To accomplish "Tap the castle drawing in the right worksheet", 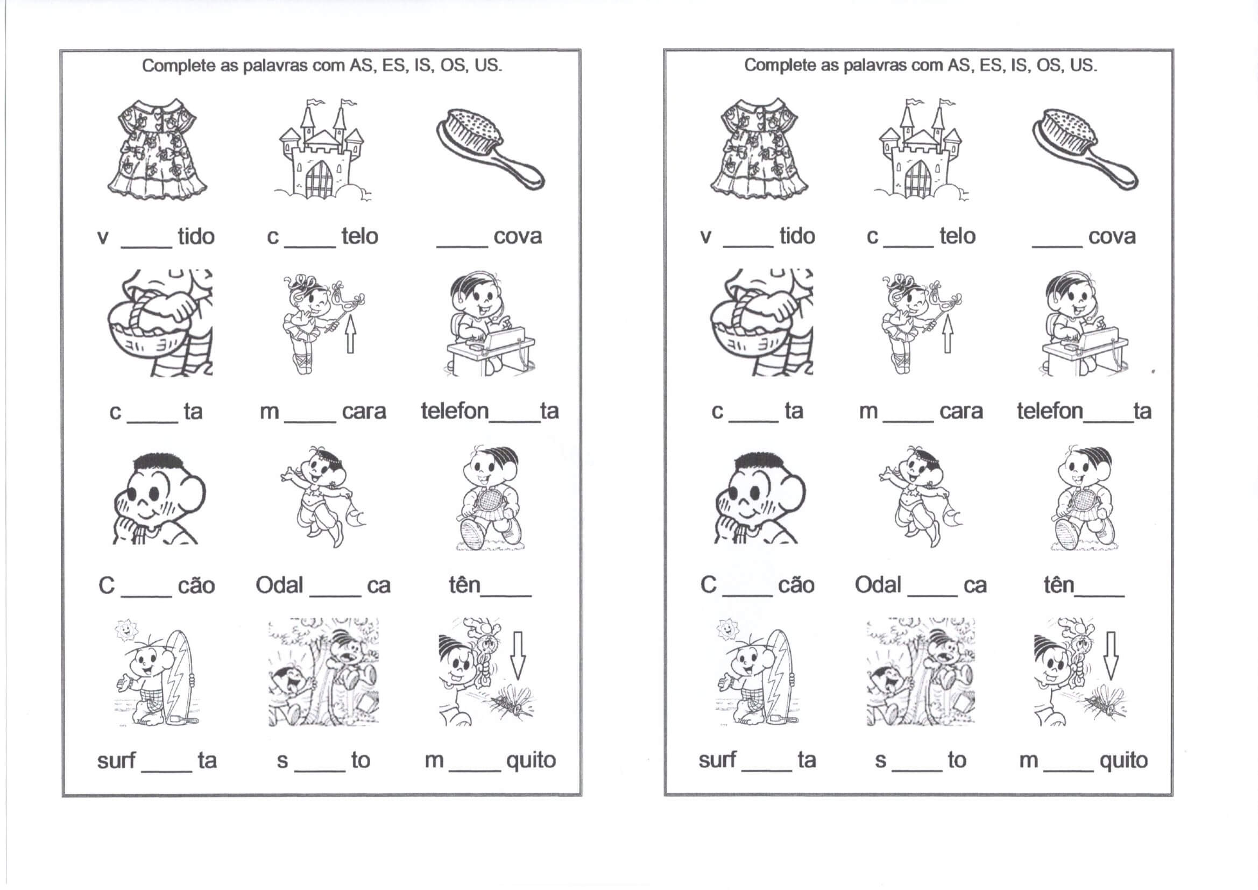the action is tap(921, 149).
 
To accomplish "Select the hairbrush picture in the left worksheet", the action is tap(490, 149).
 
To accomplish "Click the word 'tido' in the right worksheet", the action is tap(797, 236).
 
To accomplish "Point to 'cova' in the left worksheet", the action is tap(517, 236).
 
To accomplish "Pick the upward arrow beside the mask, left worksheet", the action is tap(350, 334).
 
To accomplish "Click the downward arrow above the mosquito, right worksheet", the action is tap(1110, 656).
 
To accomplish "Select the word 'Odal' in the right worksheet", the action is tap(878, 585).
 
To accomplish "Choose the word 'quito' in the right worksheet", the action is tap(1124, 761).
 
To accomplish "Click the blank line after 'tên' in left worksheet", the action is tap(506, 595).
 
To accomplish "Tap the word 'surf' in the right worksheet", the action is tap(717, 760).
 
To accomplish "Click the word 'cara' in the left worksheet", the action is tap(364, 411).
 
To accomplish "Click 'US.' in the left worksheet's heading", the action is tap(488, 66).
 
